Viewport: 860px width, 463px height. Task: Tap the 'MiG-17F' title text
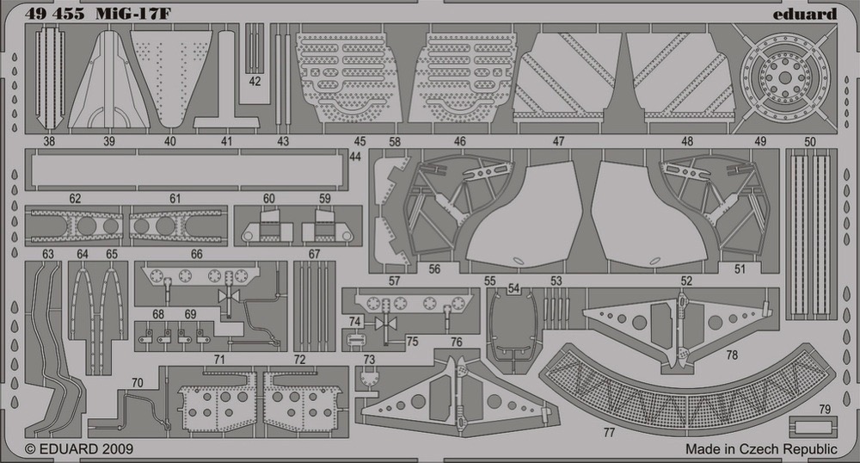click(x=133, y=14)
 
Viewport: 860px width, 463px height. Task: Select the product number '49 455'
click(x=54, y=14)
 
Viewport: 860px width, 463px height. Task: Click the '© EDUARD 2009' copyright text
click(x=79, y=448)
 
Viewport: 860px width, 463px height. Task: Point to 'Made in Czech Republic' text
click(x=761, y=448)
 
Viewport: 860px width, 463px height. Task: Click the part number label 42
click(x=255, y=81)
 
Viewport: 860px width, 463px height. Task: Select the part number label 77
click(x=609, y=433)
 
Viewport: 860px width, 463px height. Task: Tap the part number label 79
click(x=825, y=410)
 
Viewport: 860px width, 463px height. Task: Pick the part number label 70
click(x=137, y=382)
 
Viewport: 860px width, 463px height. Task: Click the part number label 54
click(x=513, y=288)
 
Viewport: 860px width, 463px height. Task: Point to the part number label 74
click(x=355, y=322)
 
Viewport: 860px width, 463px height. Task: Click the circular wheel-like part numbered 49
click(x=785, y=78)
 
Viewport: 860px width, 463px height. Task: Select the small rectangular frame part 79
click(x=814, y=427)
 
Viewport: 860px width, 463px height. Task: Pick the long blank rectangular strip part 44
click(x=187, y=170)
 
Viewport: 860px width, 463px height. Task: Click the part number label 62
click(x=75, y=199)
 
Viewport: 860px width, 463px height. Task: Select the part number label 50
click(x=809, y=141)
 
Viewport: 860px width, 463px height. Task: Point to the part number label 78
click(x=732, y=355)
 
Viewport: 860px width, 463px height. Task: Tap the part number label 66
click(x=196, y=254)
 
